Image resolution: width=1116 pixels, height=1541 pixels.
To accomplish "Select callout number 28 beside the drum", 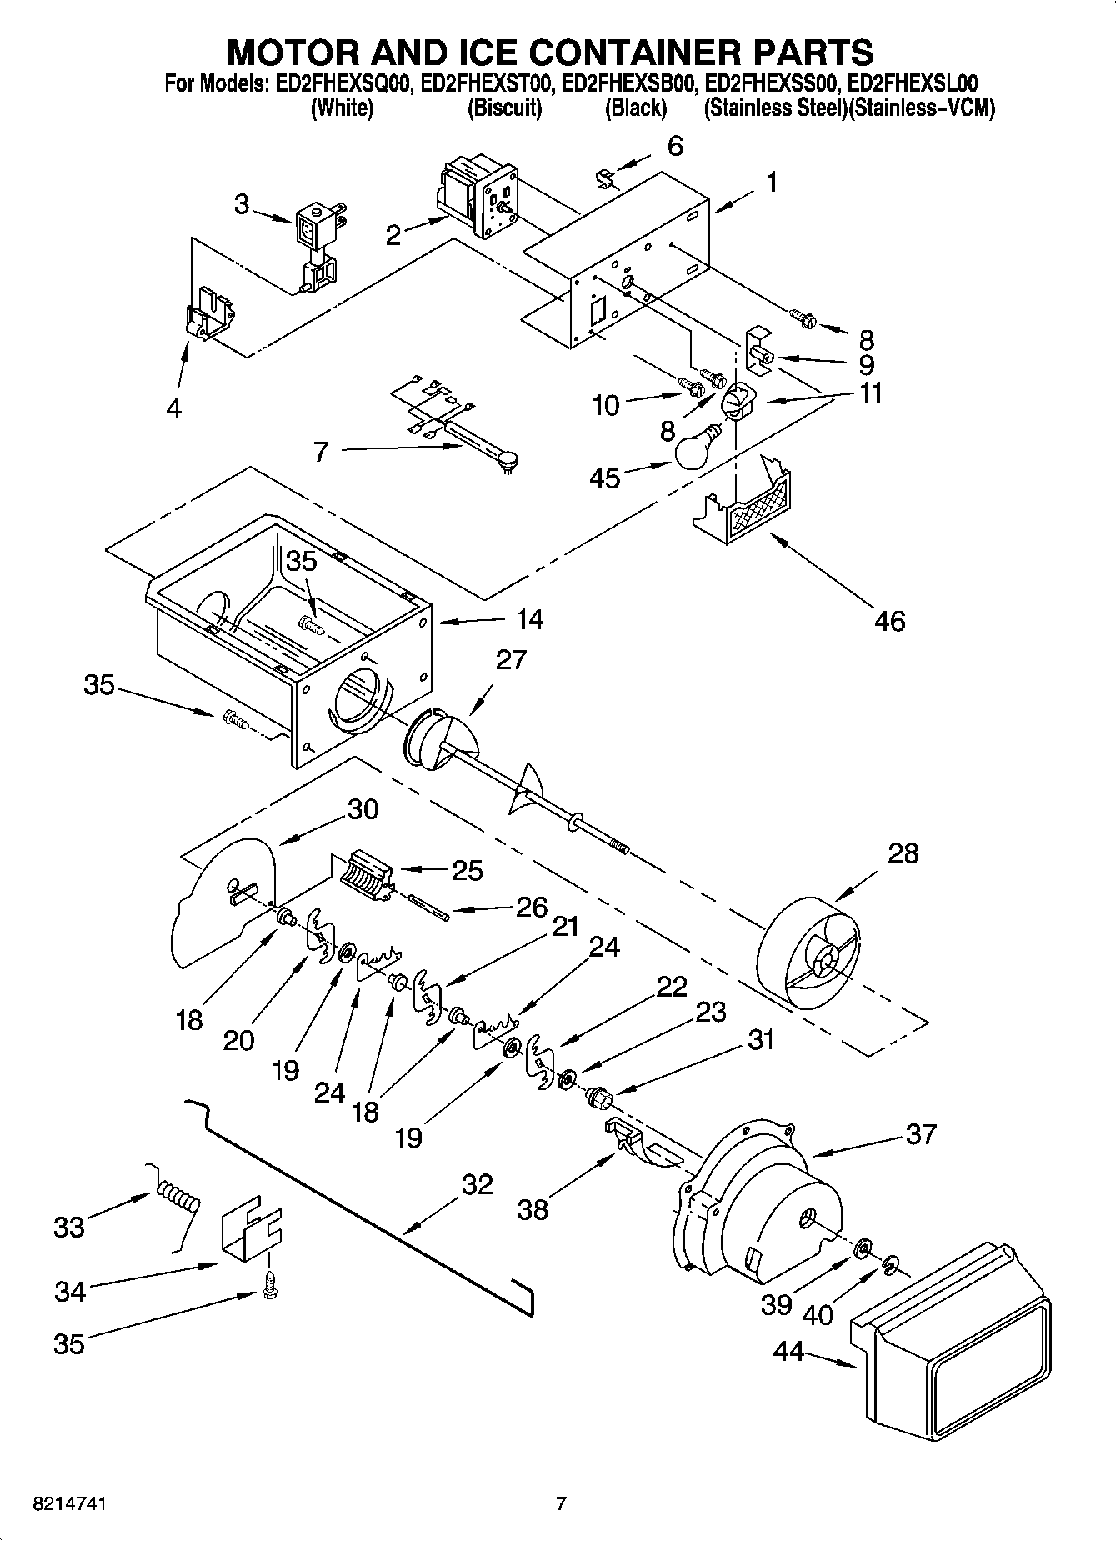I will point(903,853).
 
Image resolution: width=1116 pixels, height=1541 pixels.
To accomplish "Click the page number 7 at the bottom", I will point(561,1504).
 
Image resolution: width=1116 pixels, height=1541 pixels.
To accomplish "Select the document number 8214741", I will point(69,1504).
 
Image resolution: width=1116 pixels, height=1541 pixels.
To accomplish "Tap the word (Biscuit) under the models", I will point(504,108).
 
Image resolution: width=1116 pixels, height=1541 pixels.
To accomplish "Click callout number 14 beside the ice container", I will point(529,619).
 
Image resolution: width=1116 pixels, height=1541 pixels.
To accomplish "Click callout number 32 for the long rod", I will point(477,1184).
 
